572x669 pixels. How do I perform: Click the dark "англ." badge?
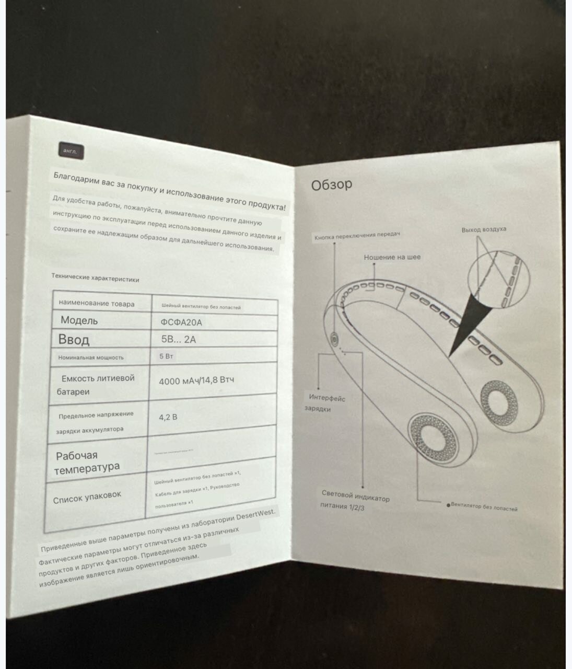click(x=70, y=151)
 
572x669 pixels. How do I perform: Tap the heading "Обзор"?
click(x=332, y=184)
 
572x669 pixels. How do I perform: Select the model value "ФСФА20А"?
click(x=181, y=322)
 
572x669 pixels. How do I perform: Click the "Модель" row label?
click(x=79, y=320)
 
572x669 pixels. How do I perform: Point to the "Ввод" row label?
click(x=74, y=339)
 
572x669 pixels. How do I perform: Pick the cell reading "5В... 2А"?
click(x=179, y=339)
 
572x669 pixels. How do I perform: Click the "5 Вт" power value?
click(x=166, y=356)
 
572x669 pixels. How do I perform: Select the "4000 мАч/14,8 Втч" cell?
click(x=196, y=380)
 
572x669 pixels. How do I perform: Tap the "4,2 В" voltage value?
click(x=168, y=417)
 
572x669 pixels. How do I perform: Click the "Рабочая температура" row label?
click(x=87, y=461)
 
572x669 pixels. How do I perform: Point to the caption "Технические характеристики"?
click(x=95, y=278)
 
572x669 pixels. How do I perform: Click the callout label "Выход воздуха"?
click(x=484, y=229)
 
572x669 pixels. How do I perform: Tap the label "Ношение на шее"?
click(x=392, y=257)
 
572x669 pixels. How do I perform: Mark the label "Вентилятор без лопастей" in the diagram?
click(x=484, y=507)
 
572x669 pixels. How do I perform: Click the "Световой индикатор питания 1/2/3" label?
click(x=355, y=501)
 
